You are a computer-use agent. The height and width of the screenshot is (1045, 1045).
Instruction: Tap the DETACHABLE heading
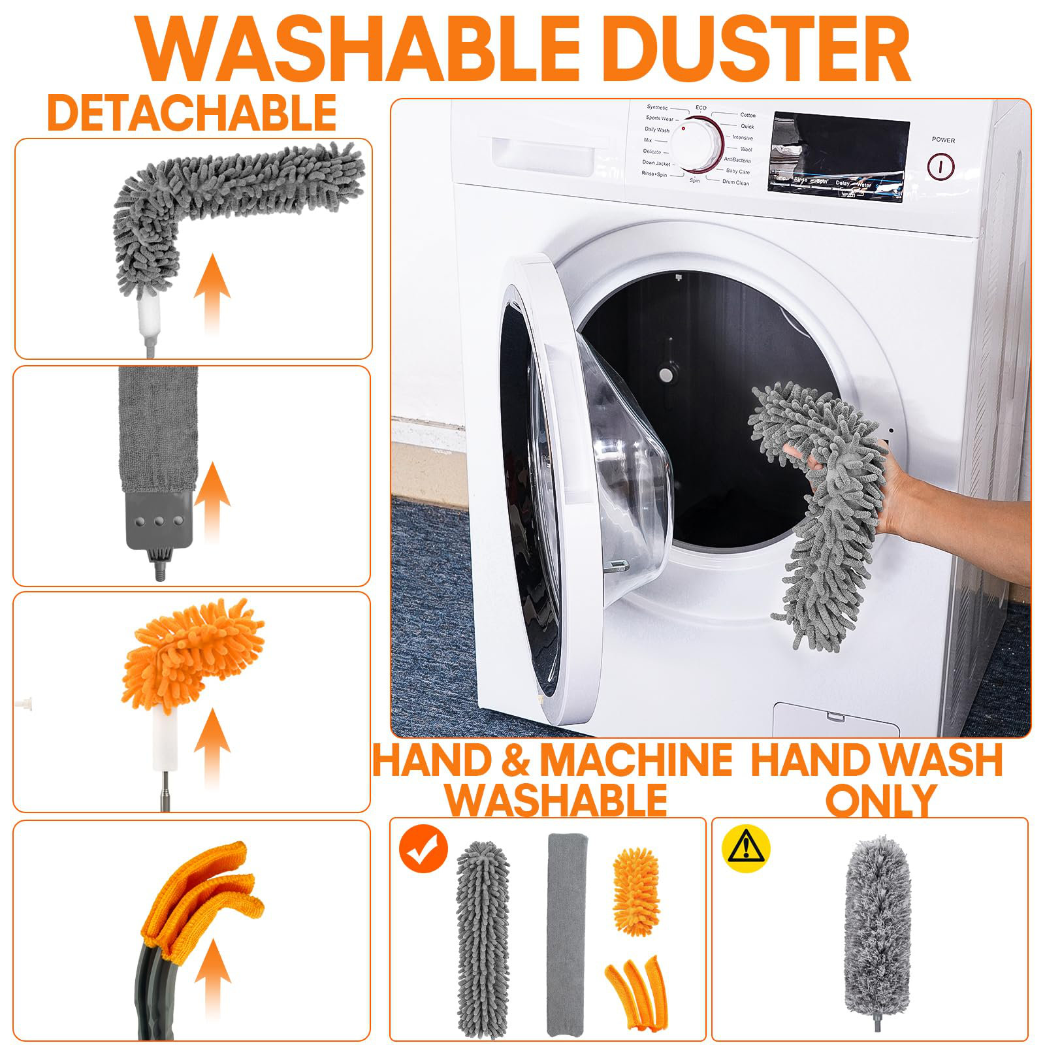click(191, 113)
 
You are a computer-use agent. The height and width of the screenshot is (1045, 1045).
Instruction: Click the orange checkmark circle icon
click(423, 848)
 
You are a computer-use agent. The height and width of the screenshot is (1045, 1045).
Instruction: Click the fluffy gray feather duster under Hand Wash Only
click(875, 927)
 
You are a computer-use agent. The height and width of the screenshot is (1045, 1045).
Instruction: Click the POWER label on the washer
click(943, 140)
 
